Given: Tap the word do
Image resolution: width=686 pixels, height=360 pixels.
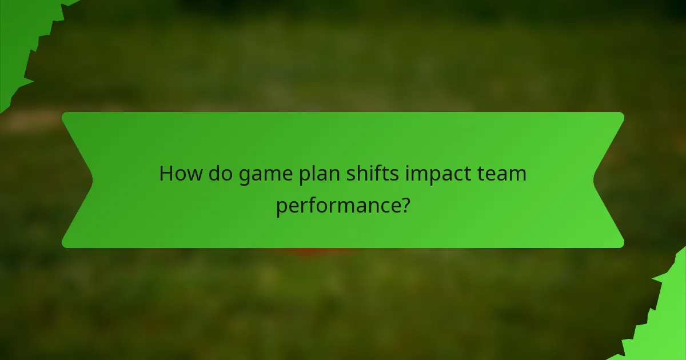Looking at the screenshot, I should click(x=220, y=173).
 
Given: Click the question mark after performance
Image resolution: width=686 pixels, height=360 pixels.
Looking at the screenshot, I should click(x=405, y=204).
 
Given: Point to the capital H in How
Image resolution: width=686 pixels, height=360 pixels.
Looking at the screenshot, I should click(x=166, y=173).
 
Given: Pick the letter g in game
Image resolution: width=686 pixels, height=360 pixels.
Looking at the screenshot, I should click(x=245, y=175).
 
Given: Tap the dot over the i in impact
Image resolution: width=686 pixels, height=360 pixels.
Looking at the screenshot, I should click(x=408, y=165).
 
